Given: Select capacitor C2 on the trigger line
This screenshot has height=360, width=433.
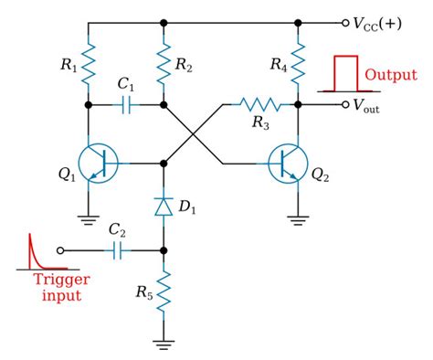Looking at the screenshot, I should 116,249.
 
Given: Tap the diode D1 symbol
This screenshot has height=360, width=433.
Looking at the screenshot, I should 164,207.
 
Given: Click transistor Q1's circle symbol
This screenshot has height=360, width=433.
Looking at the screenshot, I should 98,164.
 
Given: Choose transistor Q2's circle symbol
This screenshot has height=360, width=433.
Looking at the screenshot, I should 290,164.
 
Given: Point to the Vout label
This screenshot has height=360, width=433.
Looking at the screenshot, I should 376,105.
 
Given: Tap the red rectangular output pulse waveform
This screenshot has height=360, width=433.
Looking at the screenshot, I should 343,74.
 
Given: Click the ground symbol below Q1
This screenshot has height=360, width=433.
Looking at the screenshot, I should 90,219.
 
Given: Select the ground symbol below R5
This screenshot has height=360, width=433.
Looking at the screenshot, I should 164,344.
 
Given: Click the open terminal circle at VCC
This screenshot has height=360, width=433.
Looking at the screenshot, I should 344,21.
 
